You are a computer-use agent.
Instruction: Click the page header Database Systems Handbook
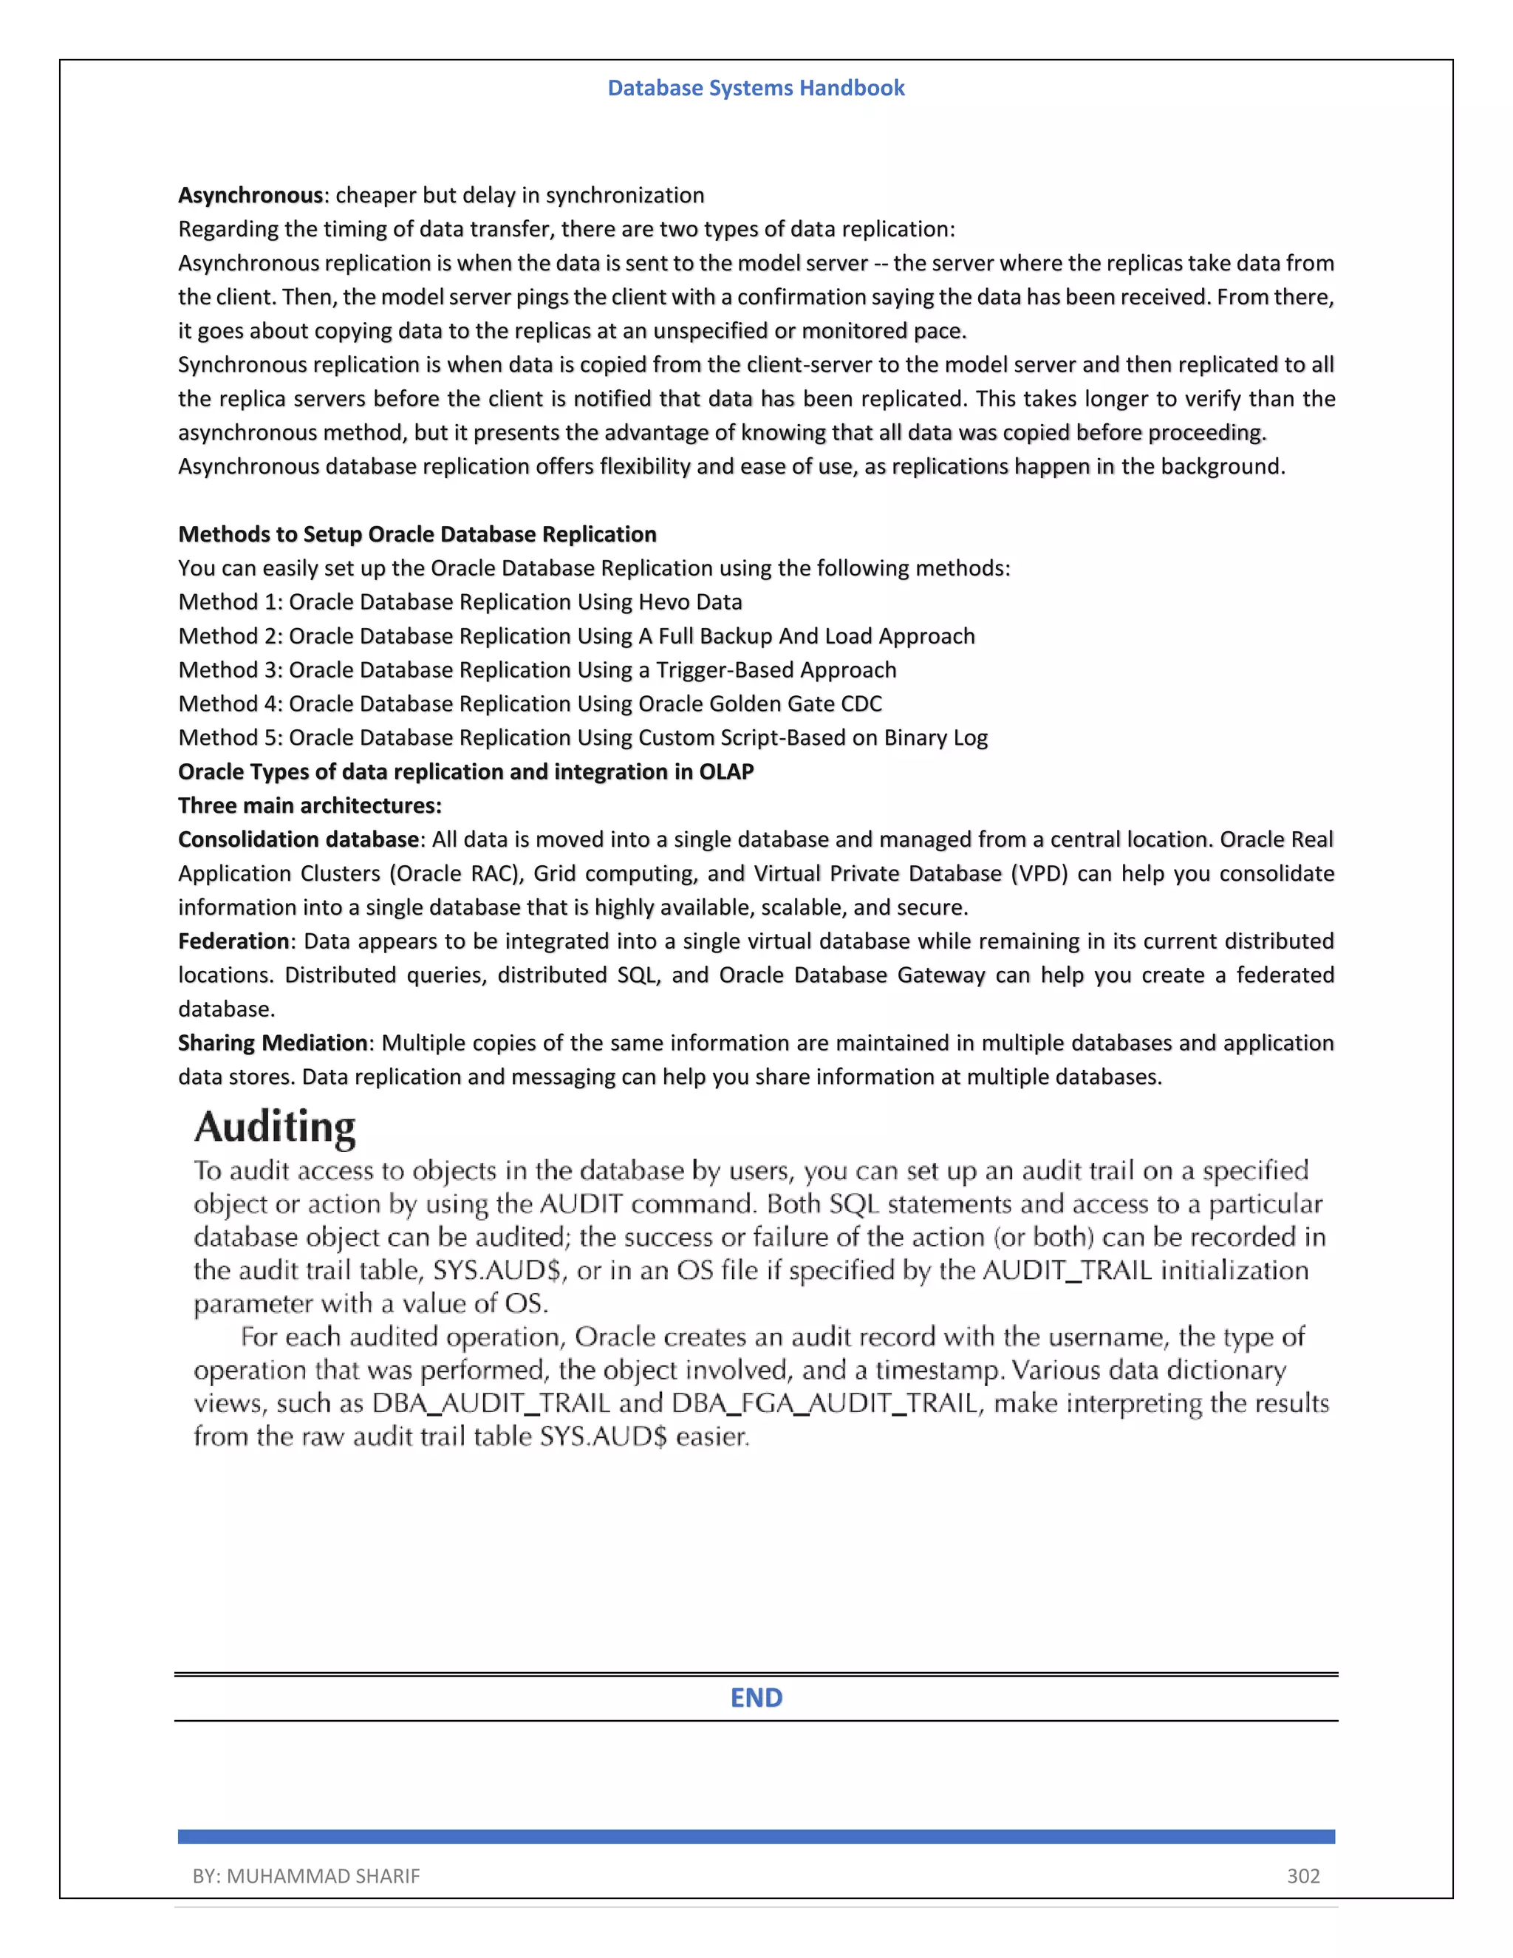(x=756, y=88)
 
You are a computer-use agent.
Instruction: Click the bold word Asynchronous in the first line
(x=250, y=196)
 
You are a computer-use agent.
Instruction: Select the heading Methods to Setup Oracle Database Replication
(x=417, y=534)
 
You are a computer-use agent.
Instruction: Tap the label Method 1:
(x=230, y=602)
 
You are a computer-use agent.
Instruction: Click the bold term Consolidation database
(x=298, y=840)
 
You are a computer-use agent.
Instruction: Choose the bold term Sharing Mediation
(x=273, y=1043)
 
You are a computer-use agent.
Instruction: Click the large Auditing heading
(x=275, y=1128)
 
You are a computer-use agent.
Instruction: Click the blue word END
(x=756, y=1698)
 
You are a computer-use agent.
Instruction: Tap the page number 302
(x=1303, y=1877)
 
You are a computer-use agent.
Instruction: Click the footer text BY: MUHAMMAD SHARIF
(x=306, y=1877)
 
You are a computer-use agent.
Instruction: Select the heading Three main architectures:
(x=310, y=806)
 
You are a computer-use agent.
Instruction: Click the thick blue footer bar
(x=756, y=1837)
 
